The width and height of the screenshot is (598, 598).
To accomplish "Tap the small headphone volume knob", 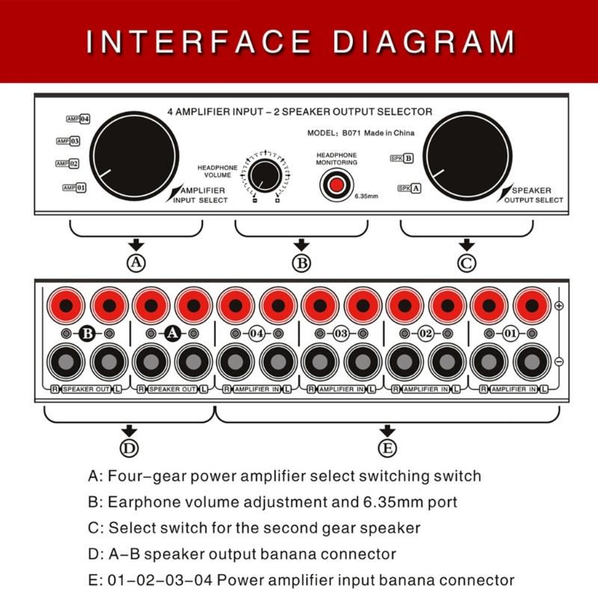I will click(262, 176).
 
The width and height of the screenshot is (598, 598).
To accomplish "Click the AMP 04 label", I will click(78, 119).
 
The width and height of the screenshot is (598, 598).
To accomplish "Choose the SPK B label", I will click(401, 158).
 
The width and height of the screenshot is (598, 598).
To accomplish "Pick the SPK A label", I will click(409, 188).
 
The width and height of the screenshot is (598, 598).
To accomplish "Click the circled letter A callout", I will click(135, 262).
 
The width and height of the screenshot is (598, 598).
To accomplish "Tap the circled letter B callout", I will click(301, 262).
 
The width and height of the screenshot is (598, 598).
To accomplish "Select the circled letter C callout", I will click(466, 262).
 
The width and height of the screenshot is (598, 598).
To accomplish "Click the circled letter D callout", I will click(129, 448).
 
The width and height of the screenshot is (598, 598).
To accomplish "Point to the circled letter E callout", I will click(387, 448).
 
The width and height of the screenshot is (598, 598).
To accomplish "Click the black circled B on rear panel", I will click(87, 333).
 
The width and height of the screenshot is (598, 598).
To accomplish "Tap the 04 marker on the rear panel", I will click(256, 333).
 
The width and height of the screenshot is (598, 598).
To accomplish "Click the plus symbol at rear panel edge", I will click(558, 306).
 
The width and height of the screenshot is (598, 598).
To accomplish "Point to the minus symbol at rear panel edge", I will click(558, 362).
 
